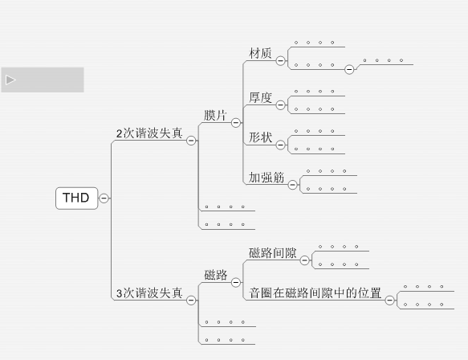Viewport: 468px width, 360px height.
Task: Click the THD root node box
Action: pos(77,198)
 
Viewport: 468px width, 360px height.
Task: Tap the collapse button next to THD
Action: pos(104,198)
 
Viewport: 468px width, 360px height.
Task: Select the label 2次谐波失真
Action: pos(149,133)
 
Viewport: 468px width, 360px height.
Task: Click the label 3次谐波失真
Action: pos(149,293)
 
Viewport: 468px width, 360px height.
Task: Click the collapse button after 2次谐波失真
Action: pos(191,141)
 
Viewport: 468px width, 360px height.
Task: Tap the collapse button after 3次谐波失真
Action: pos(191,300)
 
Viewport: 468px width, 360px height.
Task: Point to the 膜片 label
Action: pos(215,116)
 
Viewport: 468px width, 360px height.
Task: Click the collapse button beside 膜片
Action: pos(236,122)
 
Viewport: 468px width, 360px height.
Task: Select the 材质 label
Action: pos(260,53)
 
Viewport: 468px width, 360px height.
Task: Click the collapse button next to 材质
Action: pos(281,60)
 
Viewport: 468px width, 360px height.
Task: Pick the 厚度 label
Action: pos(260,97)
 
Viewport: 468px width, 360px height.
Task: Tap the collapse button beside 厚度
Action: pos(281,104)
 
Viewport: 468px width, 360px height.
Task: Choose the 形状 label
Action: pos(260,137)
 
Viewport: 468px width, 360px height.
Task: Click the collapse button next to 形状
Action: pos(281,145)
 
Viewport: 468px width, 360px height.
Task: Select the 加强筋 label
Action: pos(267,178)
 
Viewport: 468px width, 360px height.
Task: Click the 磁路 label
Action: pos(216,275)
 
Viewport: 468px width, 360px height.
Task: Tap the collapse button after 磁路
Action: pos(236,282)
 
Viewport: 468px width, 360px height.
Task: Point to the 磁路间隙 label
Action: pos(272,253)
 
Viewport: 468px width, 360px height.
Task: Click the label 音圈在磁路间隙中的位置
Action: pos(315,292)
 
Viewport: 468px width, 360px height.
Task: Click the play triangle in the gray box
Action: pos(10,80)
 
